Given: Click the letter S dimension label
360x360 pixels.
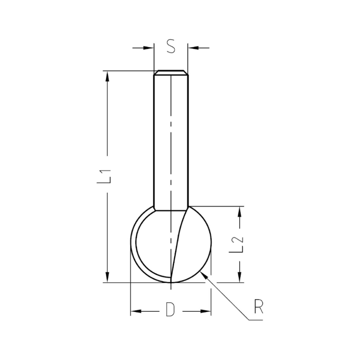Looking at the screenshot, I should coord(171,47).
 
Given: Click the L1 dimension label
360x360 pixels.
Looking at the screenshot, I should coord(105,176).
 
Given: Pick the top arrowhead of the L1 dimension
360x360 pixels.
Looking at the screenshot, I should coord(107,76).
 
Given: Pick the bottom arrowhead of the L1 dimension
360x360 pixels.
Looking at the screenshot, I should coord(107,277).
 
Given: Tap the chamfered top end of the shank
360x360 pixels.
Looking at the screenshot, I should coord(171,72).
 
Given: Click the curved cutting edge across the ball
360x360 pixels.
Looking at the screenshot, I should coord(180,245).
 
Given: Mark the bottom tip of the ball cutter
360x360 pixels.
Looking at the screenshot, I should coord(171,283).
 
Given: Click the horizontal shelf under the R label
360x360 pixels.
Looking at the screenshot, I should coord(256,319).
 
